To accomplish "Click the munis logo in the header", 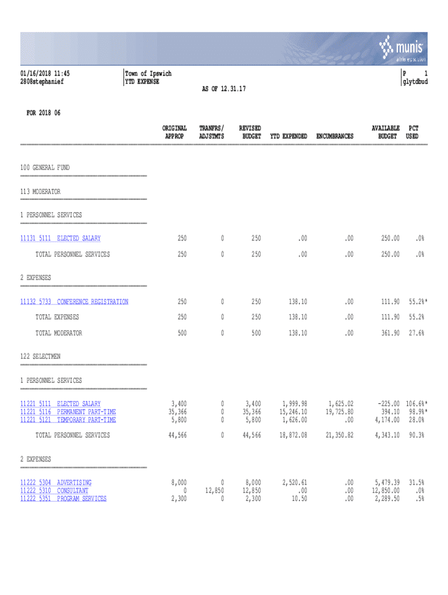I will tap(403, 48).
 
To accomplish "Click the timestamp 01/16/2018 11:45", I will tap(45, 74).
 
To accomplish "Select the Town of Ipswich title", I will tap(149, 74).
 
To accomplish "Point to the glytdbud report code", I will tap(414, 82).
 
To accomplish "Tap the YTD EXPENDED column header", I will tap(289, 136).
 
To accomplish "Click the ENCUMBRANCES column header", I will tap(335, 136).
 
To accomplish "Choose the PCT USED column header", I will tap(413, 132).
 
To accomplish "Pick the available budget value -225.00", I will tap(385, 404).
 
